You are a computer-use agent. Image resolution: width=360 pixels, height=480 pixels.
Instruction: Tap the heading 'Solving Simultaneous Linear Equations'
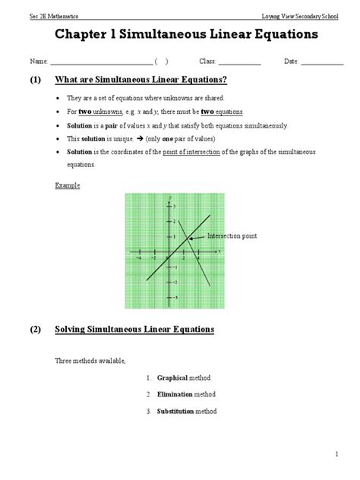pyautogui.click(x=134, y=330)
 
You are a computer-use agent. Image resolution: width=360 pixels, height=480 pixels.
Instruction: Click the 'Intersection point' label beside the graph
pyautogui.click(x=231, y=236)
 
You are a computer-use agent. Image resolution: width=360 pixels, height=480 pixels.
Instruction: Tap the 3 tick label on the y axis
pyautogui.click(x=174, y=207)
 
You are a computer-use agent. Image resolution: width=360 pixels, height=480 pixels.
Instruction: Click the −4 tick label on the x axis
pyautogui.click(x=138, y=257)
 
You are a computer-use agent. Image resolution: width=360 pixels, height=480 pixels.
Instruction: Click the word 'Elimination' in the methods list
pyautogui.click(x=175, y=394)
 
